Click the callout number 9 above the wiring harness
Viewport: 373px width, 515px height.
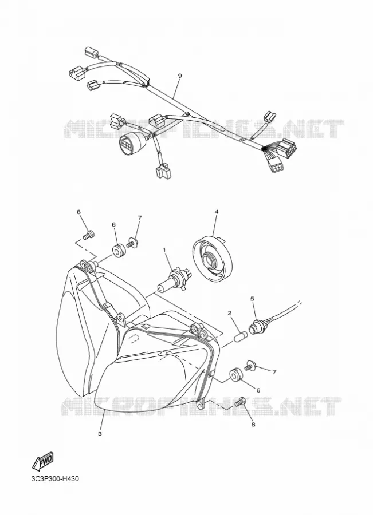point(179,76)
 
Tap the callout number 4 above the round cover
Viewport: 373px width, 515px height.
point(217,212)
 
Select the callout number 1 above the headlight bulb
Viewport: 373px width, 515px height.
point(164,250)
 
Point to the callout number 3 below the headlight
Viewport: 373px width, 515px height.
point(100,434)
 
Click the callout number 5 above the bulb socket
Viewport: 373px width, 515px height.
point(252,299)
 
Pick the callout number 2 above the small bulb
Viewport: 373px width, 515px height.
point(230,313)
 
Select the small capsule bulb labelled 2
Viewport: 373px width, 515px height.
point(241,336)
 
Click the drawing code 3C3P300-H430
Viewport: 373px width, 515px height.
point(55,478)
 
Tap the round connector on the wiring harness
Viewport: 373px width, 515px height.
point(130,144)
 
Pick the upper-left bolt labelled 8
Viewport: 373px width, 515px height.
point(88,235)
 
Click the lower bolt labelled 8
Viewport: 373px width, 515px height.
point(240,401)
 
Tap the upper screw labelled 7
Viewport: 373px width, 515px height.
point(131,243)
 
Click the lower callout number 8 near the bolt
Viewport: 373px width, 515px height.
point(253,425)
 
